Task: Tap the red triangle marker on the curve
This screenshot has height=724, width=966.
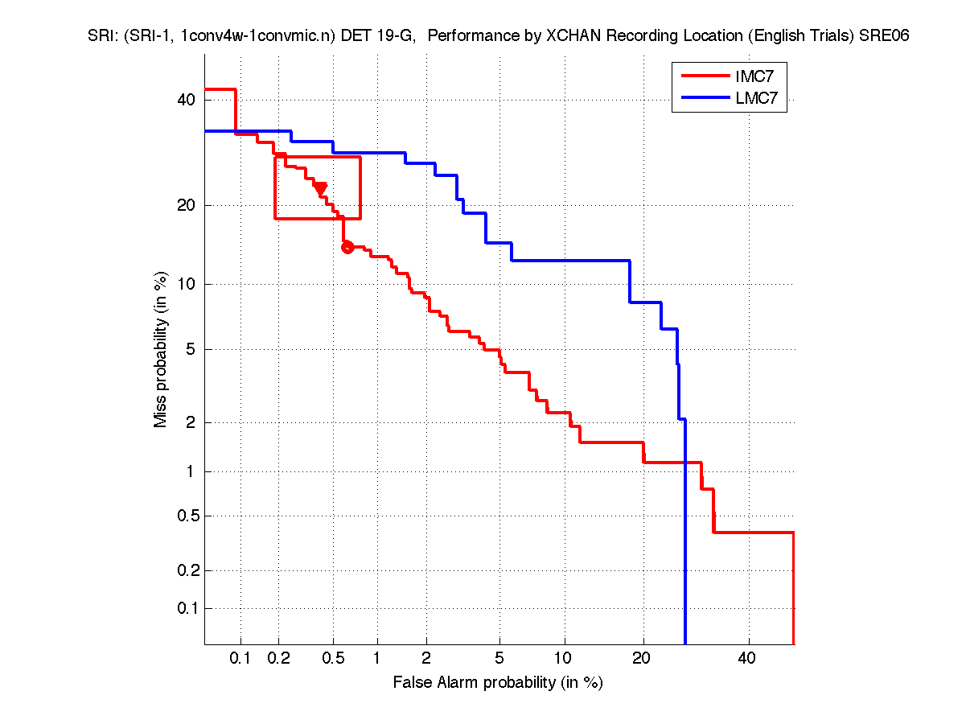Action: pyautogui.click(x=320, y=188)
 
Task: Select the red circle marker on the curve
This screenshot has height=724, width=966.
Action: pyautogui.click(x=347, y=247)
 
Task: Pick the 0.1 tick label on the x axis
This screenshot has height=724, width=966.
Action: pyautogui.click(x=240, y=658)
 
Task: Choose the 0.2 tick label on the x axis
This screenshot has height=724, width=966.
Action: pyautogui.click(x=279, y=658)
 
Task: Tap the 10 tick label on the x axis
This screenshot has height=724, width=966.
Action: pyautogui.click(x=565, y=658)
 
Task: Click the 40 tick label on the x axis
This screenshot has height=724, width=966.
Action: pyautogui.click(x=747, y=658)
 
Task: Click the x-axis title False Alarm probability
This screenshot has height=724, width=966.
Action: pyautogui.click(x=498, y=683)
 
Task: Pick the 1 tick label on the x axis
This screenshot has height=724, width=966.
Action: pyautogui.click(x=376, y=658)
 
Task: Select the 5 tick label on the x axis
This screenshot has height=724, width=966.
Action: pyautogui.click(x=499, y=658)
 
